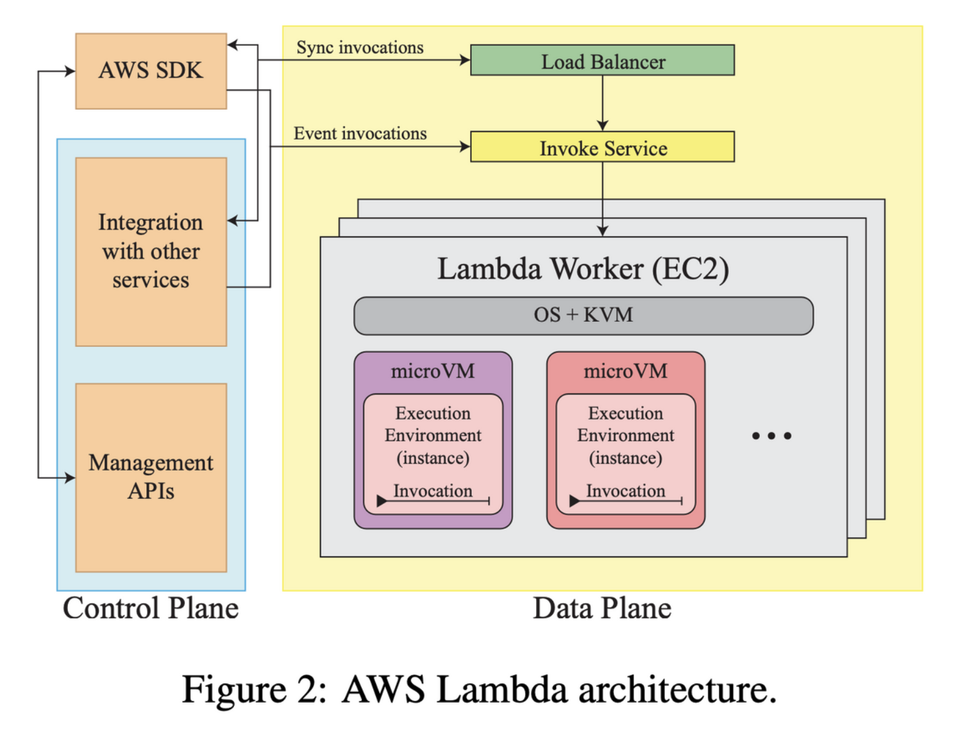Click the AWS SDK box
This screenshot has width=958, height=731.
pyautogui.click(x=151, y=71)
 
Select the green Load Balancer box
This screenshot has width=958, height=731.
pyautogui.click(x=602, y=60)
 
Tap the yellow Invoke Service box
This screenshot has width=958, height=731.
pyautogui.click(x=602, y=147)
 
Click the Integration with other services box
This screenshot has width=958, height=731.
pyautogui.click(x=151, y=251)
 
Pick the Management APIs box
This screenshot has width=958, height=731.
pyautogui.click(x=151, y=477)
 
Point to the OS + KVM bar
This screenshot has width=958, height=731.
pyautogui.click(x=583, y=315)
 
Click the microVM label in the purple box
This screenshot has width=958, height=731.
pyautogui.click(x=433, y=371)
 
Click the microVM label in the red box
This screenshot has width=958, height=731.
pyautogui.click(x=625, y=371)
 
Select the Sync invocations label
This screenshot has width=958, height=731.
pyautogui.click(x=360, y=47)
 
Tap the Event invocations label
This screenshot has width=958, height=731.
pyautogui.click(x=360, y=133)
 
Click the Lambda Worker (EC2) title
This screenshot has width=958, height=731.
pyautogui.click(x=583, y=269)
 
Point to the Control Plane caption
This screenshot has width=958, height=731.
pyautogui.click(x=151, y=608)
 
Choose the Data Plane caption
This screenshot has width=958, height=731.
pyautogui.click(x=602, y=608)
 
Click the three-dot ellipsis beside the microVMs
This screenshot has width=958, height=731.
pyautogui.click(x=771, y=436)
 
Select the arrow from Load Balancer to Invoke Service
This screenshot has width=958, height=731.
pyautogui.click(x=603, y=103)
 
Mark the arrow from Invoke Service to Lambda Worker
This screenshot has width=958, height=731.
pyautogui.click(x=603, y=199)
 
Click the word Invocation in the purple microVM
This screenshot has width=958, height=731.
pyautogui.click(x=433, y=491)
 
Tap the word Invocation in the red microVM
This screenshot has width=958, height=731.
pyautogui.click(x=625, y=491)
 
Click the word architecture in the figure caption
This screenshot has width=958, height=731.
pyautogui.click(x=676, y=690)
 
